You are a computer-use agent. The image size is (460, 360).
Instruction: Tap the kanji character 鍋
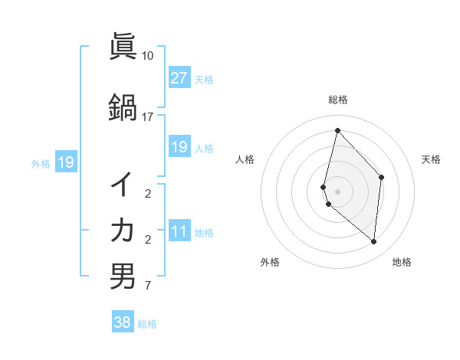123,107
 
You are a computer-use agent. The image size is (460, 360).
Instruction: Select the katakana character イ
123,184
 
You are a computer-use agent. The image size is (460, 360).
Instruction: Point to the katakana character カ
123,229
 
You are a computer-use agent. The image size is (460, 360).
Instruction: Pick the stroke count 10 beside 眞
147,57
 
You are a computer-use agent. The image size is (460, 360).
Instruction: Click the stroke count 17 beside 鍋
147,117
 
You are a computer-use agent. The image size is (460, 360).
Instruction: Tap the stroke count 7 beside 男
147,286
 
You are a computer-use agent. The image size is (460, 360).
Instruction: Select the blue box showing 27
179,78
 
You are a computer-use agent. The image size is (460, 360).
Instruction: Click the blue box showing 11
179,232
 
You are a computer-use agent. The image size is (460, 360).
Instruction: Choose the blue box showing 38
123,322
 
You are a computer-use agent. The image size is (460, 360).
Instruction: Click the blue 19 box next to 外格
65,162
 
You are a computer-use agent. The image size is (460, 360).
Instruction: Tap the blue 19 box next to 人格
179,147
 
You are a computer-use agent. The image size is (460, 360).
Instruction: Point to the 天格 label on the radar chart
432,159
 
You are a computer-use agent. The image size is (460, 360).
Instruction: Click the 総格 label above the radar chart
338,100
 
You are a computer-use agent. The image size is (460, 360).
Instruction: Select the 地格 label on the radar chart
402,262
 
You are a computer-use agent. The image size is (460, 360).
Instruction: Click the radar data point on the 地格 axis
373,242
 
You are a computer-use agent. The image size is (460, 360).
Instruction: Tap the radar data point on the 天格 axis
382,177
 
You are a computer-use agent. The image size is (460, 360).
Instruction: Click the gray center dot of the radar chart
337,191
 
